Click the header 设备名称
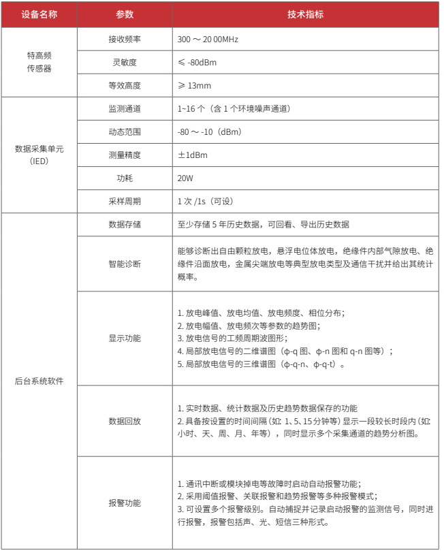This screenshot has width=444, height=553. click(39, 14)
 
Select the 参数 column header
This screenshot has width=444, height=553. click(125, 14)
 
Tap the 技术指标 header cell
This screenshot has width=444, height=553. click(305, 14)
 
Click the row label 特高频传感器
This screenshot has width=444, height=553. click(39, 62)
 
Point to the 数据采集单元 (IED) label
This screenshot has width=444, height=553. click(39, 155)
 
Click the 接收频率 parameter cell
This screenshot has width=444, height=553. click(125, 39)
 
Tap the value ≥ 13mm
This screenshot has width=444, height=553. click(195, 86)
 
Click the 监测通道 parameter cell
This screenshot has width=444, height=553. click(125, 109)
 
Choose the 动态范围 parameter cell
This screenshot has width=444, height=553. click(125, 132)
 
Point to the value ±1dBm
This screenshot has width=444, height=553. click(192, 155)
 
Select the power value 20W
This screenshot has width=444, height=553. click(186, 178)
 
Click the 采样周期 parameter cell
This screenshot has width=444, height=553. click(125, 202)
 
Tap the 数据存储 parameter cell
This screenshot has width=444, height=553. click(125, 224)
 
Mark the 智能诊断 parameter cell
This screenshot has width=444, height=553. click(125, 264)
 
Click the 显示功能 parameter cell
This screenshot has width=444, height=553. click(125, 338)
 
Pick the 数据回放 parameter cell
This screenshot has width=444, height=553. click(125, 421)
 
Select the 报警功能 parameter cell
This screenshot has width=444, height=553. click(125, 503)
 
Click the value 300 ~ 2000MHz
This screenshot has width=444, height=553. click(208, 39)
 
